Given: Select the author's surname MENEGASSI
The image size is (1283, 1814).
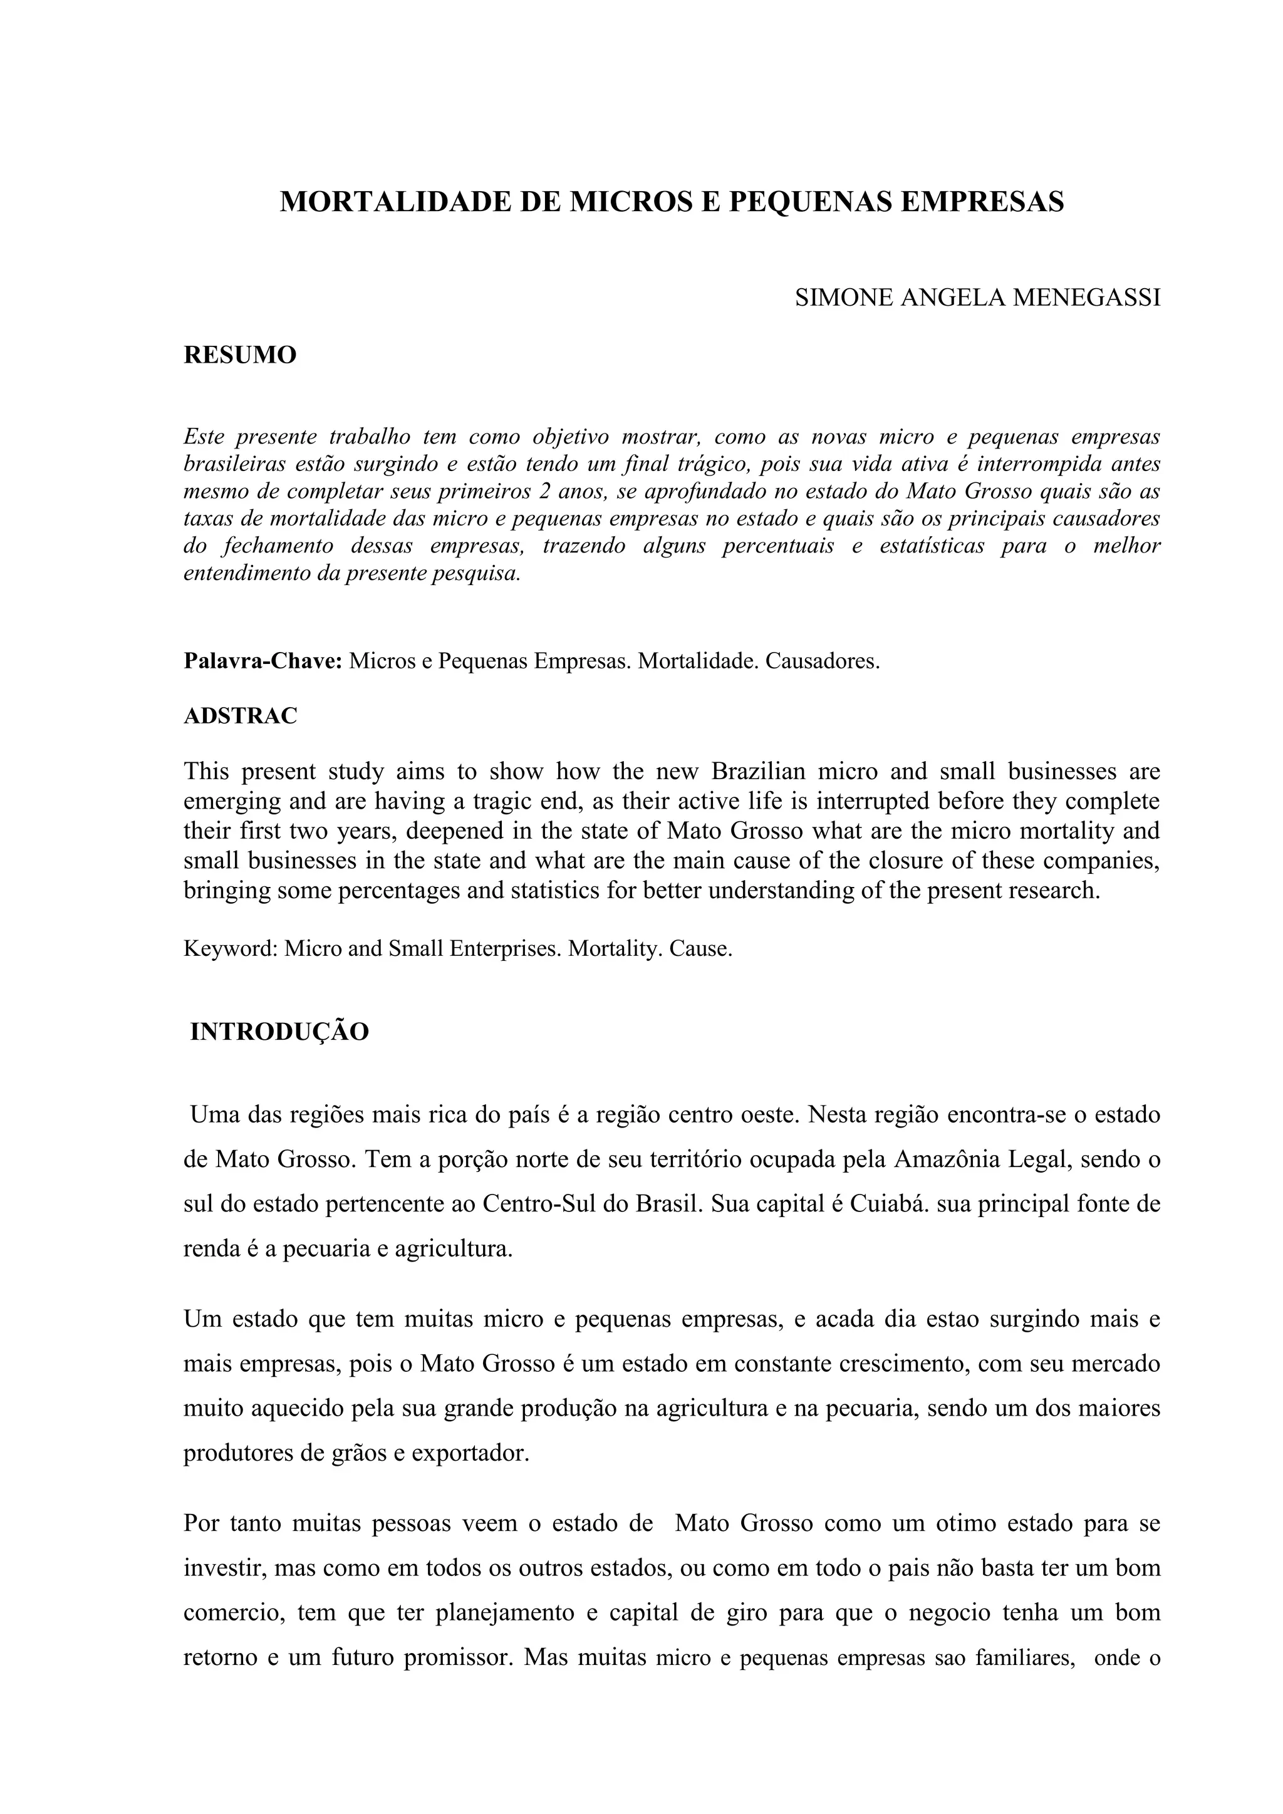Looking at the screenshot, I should tap(1086, 298).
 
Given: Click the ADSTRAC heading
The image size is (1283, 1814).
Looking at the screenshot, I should tap(240, 716).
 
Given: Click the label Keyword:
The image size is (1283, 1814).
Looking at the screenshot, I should tap(231, 948).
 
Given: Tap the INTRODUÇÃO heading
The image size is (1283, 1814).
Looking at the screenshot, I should tap(279, 1032).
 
